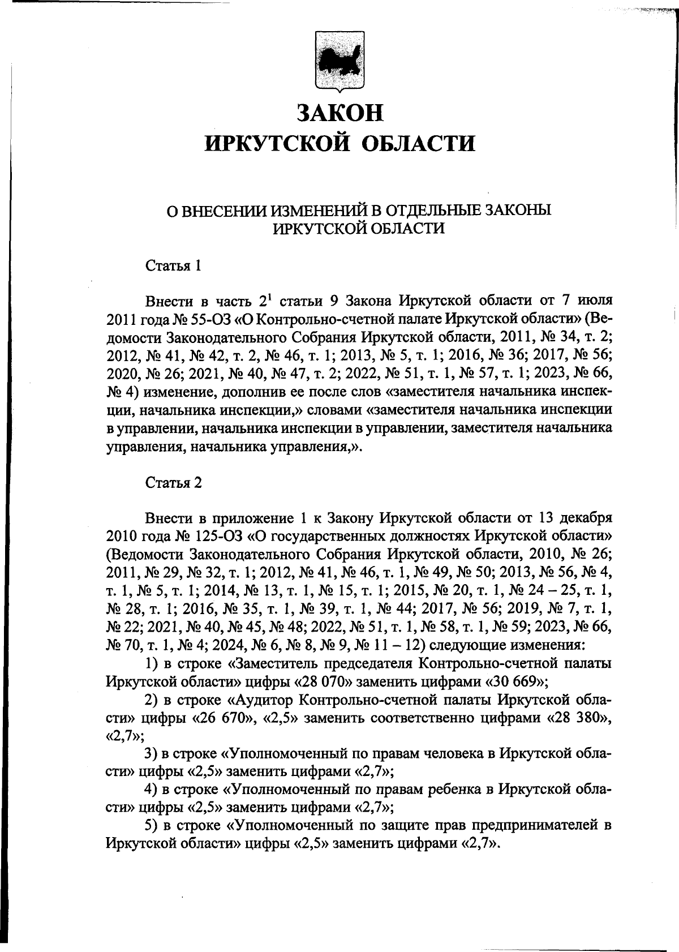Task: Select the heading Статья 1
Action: pyautogui.click(x=174, y=265)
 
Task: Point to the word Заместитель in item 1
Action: pyautogui.click(x=273, y=662)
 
